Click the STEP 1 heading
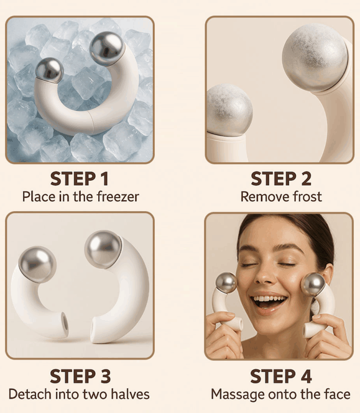(79, 179)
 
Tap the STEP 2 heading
(281, 179)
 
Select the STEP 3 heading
(80, 376)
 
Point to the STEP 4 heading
(281, 376)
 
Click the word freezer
(118, 197)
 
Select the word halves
(130, 395)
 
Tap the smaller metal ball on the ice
(49, 70)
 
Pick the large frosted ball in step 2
(315, 58)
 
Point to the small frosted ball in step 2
(229, 110)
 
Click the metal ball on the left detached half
(37, 265)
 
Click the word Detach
(30, 395)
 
